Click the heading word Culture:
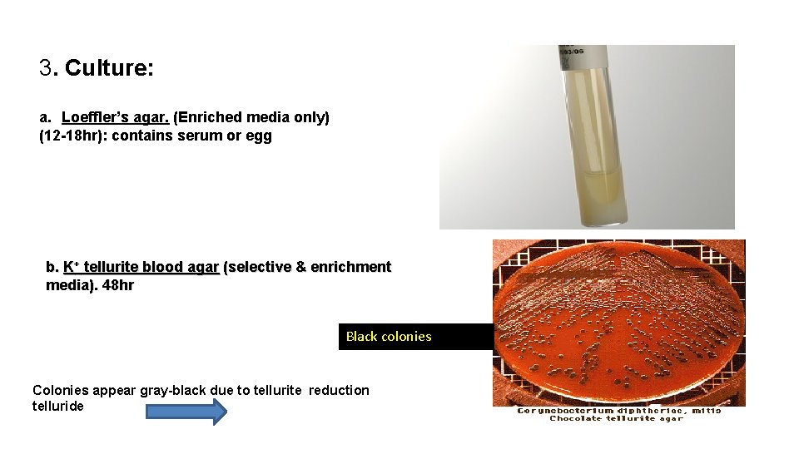(x=109, y=68)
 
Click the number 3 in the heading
(x=46, y=68)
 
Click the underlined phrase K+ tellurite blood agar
(x=141, y=267)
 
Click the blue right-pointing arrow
(x=186, y=412)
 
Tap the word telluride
(x=58, y=407)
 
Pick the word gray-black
(x=175, y=390)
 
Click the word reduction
(x=339, y=390)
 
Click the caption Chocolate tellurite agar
(x=616, y=418)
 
